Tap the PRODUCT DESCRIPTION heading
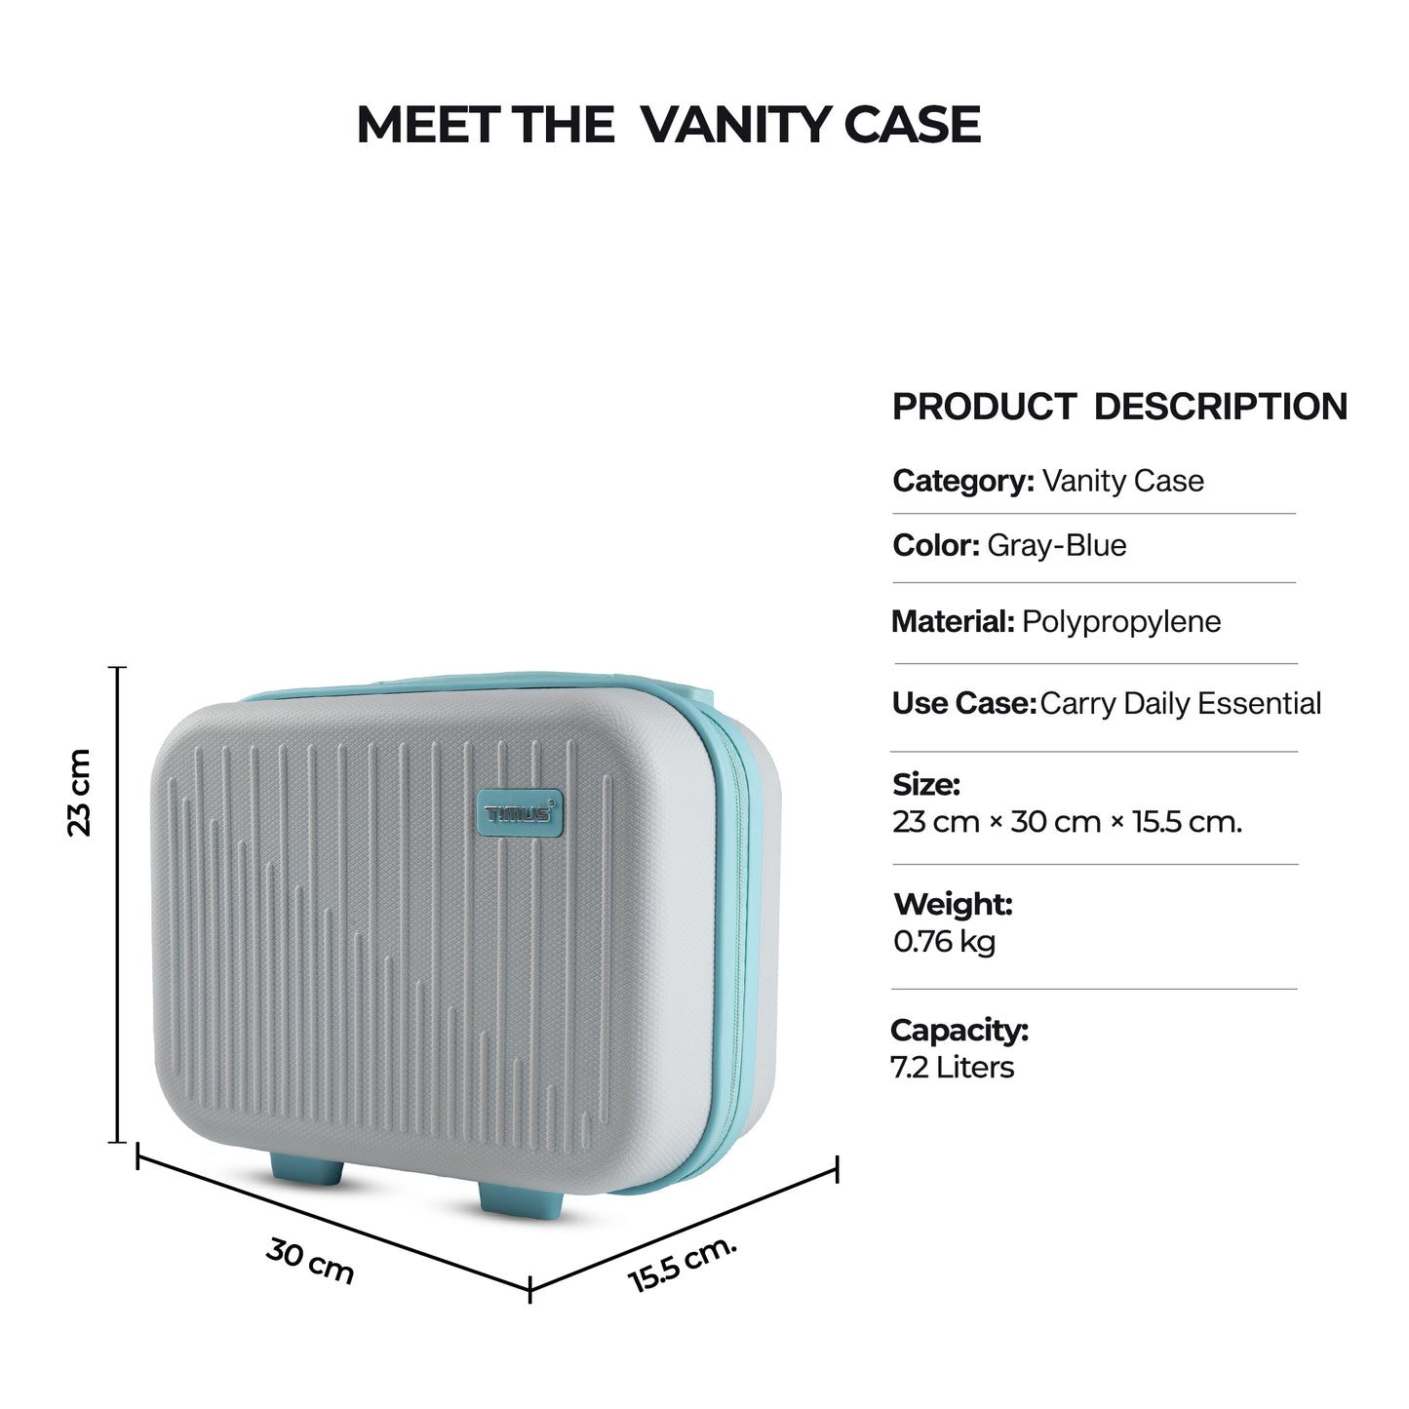(x=1119, y=407)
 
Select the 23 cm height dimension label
(x=80, y=792)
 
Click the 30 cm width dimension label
(x=310, y=1261)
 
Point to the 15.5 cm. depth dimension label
(x=683, y=1264)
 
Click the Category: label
(x=962, y=481)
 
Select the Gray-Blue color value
(x=1056, y=545)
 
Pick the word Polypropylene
(x=1120, y=621)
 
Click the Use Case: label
(x=963, y=703)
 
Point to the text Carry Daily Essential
(x=1180, y=703)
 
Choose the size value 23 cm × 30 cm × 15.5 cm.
(x=1067, y=822)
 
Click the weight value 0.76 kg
(x=944, y=942)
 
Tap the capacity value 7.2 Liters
(x=952, y=1067)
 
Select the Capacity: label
(x=959, y=1030)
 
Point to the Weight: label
(x=953, y=904)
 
